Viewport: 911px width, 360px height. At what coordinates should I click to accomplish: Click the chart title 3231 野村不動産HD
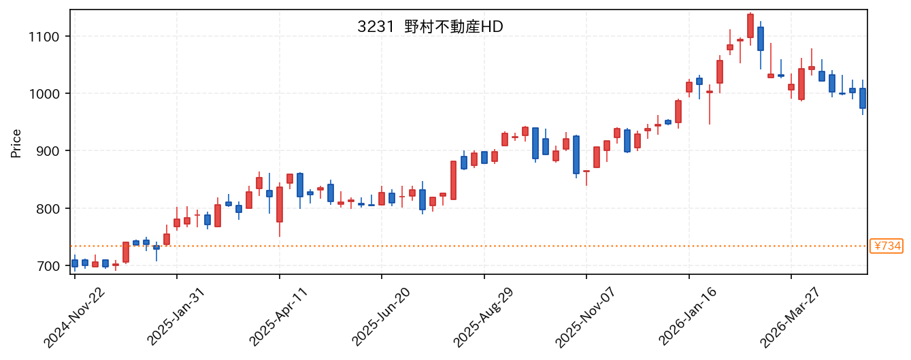(430, 27)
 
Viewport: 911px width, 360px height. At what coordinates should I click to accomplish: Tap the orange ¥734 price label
(887, 246)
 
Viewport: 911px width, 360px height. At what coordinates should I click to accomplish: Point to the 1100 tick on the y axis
(44, 37)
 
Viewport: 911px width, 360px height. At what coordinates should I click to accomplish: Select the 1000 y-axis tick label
(44, 94)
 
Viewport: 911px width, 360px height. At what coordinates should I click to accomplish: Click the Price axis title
(16, 143)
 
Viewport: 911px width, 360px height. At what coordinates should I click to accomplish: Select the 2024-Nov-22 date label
(74, 318)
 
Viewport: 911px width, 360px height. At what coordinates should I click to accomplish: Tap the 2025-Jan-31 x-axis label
(176, 318)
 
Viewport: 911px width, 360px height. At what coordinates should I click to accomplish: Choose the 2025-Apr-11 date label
(278, 318)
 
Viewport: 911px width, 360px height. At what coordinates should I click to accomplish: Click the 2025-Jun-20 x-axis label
(381, 318)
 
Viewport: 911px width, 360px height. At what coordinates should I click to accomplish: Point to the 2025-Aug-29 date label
(484, 318)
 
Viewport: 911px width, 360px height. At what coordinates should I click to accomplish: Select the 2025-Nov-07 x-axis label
(586, 318)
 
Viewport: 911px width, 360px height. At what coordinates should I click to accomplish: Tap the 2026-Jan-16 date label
(688, 318)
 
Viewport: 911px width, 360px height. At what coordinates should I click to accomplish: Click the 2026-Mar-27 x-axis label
(790, 318)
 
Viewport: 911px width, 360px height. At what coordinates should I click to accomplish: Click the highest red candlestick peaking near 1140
(750, 26)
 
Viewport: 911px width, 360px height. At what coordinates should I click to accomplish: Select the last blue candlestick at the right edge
(863, 98)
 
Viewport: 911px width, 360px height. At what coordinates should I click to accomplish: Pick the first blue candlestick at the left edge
(75, 263)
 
